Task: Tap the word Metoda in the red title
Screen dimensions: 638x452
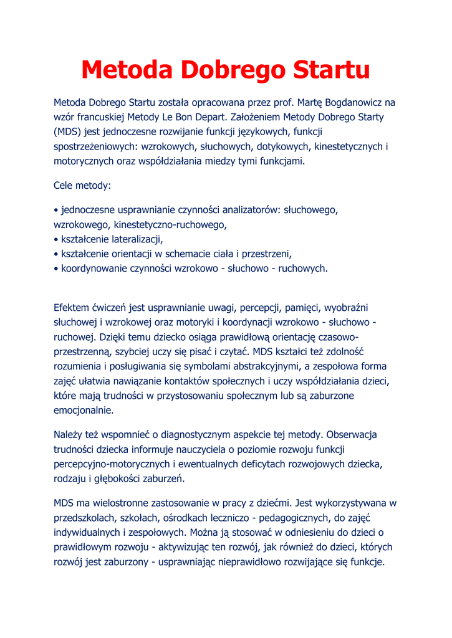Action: tap(128, 69)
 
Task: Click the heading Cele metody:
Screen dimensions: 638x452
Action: tap(82, 186)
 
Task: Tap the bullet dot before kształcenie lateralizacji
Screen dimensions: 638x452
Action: tap(56, 240)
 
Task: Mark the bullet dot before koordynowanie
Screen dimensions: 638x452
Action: tap(56, 269)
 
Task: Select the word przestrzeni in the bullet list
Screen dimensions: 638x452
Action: tap(265, 254)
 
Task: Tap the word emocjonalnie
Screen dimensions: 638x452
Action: tap(84, 411)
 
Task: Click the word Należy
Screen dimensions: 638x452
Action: tap(69, 435)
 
